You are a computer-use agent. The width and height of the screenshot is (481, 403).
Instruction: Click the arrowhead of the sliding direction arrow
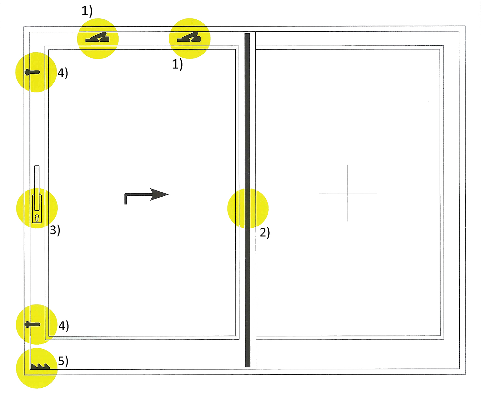(159, 194)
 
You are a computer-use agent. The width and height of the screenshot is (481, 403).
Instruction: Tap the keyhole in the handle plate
(37, 218)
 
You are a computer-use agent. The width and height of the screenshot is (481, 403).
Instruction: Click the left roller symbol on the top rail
(97, 37)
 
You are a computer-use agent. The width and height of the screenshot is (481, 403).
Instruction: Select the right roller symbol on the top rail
(189, 37)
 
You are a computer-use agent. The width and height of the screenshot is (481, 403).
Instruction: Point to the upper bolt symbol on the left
(32, 72)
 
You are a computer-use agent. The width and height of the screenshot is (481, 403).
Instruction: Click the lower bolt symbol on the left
(32, 325)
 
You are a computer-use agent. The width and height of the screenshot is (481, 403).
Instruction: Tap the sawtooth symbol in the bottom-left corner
(40, 366)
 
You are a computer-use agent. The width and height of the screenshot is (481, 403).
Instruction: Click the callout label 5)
(63, 361)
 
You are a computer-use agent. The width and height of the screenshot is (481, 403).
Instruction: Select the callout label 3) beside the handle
(55, 230)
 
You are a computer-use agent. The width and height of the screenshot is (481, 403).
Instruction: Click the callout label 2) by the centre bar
(265, 233)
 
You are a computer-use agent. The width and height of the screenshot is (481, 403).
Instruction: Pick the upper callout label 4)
(63, 73)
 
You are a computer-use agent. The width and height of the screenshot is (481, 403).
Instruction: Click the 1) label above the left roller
(87, 11)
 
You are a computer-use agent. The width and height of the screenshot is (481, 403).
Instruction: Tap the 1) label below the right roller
(177, 64)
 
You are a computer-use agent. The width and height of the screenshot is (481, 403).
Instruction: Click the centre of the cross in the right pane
(348, 193)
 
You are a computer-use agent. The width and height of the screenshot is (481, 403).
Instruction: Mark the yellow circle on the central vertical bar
(248, 208)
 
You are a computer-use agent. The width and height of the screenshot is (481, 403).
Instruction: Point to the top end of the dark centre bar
(247, 34)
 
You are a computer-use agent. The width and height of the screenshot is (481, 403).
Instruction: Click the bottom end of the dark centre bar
(248, 366)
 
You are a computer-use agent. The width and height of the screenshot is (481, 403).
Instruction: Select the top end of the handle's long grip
(37, 166)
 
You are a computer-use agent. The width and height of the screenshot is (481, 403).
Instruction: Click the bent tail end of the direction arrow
(125, 204)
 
